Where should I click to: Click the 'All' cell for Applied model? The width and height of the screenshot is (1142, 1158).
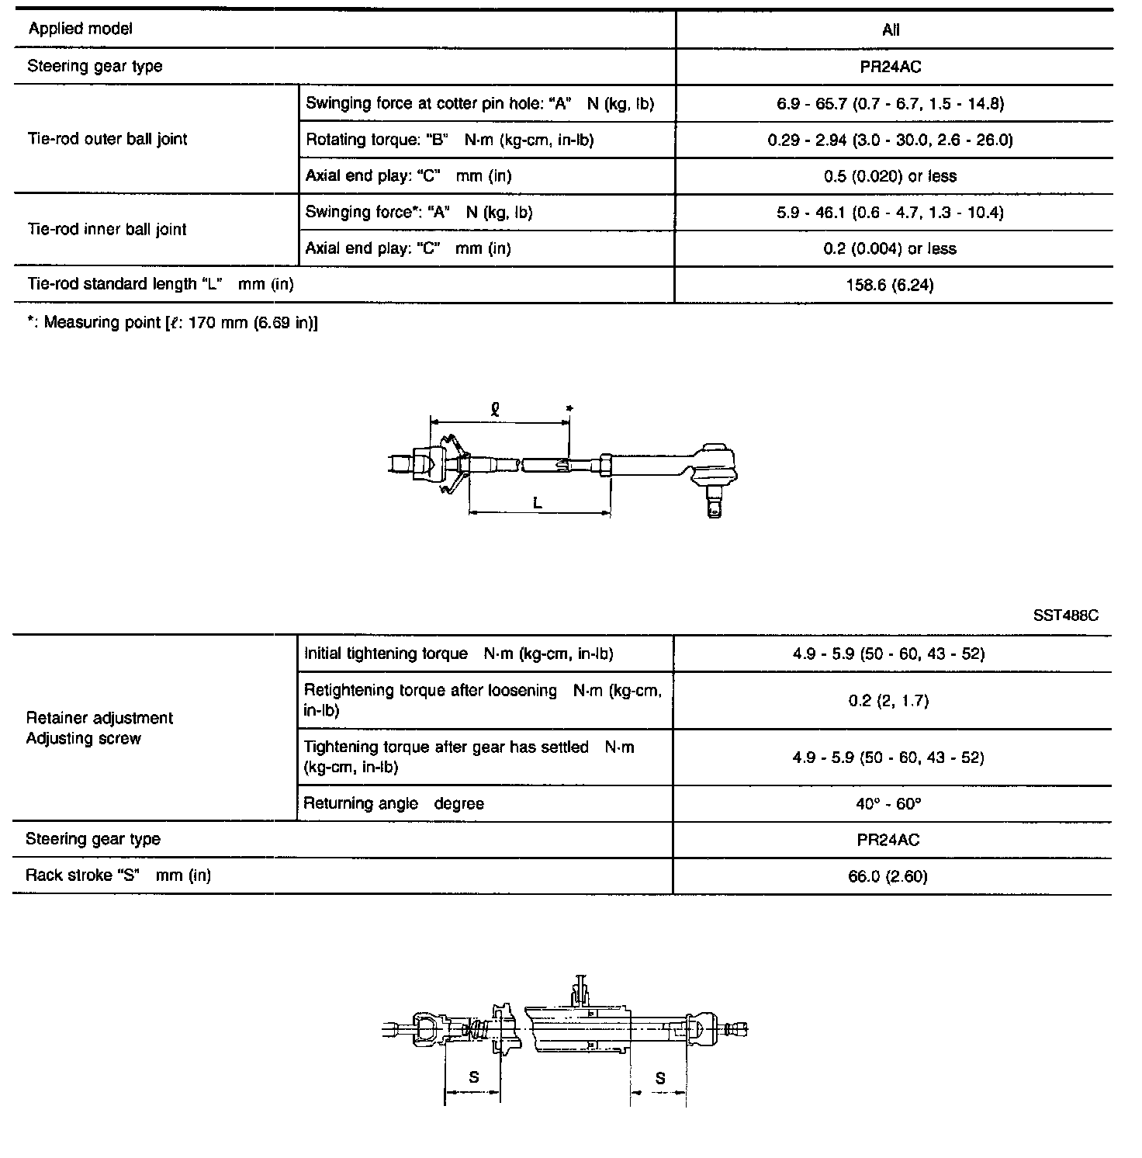[891, 30]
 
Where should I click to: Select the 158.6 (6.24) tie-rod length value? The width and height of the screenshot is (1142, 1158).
[890, 286]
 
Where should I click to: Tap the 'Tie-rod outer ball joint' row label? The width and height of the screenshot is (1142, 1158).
[107, 140]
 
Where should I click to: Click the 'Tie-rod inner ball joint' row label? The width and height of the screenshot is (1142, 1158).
[107, 230]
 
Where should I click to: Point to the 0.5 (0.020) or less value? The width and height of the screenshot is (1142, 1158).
[890, 176]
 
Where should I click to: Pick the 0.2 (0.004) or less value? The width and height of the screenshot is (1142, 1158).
[890, 249]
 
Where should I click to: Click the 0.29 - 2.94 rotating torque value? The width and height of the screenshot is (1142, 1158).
[890, 140]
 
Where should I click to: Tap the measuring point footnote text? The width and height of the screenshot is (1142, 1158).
[172, 323]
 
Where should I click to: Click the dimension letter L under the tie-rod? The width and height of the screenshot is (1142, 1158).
[538, 503]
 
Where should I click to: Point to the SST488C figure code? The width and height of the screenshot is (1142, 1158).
[1065, 615]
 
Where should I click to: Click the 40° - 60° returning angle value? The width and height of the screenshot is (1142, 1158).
[888, 804]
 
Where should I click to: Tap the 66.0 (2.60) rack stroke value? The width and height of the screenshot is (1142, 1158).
[888, 877]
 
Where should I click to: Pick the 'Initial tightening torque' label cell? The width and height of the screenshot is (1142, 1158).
[458, 654]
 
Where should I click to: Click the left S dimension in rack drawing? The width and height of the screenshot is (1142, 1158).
[473, 1077]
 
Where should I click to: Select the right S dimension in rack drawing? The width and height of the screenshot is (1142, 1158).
[659, 1077]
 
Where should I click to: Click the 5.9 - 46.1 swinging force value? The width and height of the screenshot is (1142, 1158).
[890, 213]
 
